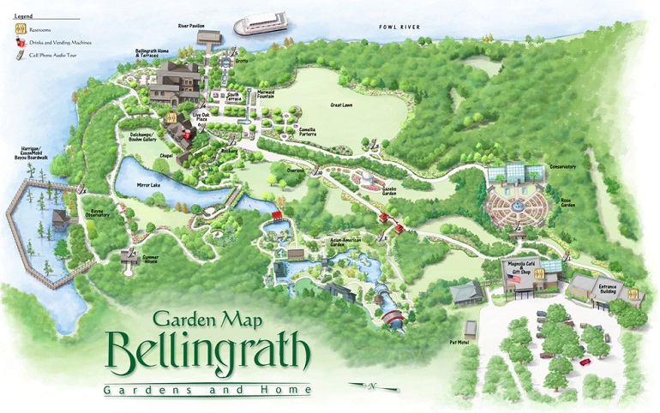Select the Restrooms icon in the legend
click(x=15, y=27)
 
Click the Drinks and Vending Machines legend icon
click(x=15, y=42)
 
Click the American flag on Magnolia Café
click(x=515, y=279)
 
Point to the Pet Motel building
click(x=470, y=328)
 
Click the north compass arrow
click(x=370, y=386)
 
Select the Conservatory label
click(x=562, y=167)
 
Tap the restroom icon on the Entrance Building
click(x=633, y=294)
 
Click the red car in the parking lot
click(x=585, y=362)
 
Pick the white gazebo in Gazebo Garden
click(x=366, y=179)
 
